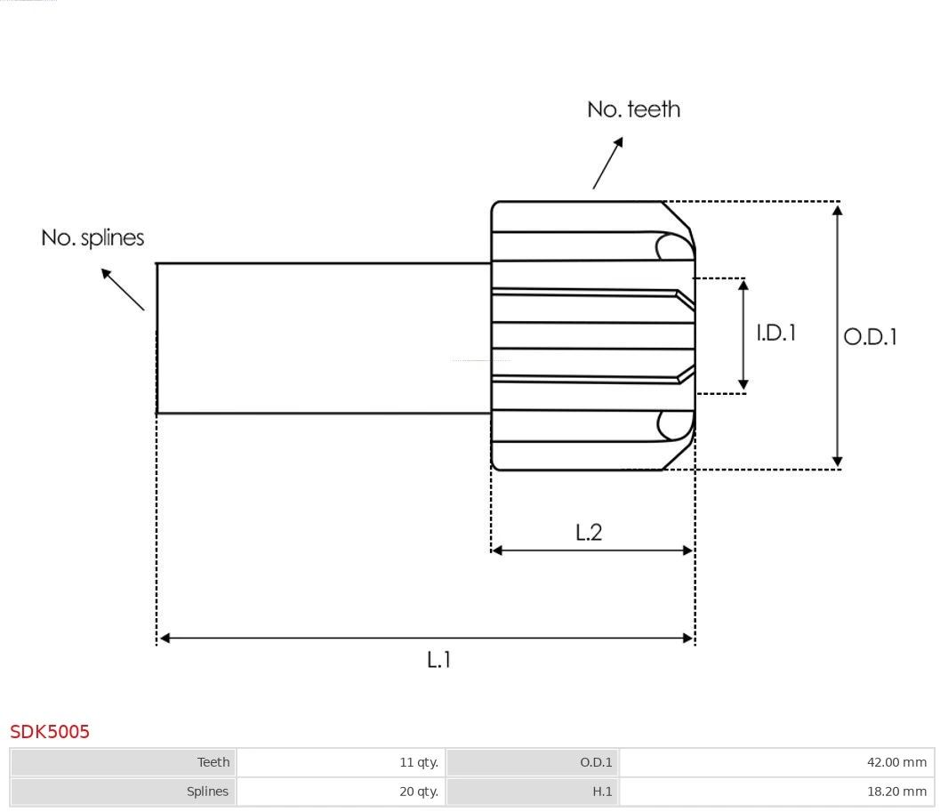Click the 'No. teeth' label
point(633,109)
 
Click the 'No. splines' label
point(92,238)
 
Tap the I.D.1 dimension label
point(775,333)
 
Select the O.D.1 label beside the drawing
point(870,337)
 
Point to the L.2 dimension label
point(589,532)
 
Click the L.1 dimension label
point(439,660)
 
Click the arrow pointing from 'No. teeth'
point(607,163)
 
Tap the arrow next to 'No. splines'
point(122,289)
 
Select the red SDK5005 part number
point(50,731)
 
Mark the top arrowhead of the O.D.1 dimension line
point(837,208)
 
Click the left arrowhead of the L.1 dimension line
point(165,638)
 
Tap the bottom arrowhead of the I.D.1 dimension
point(743,386)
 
